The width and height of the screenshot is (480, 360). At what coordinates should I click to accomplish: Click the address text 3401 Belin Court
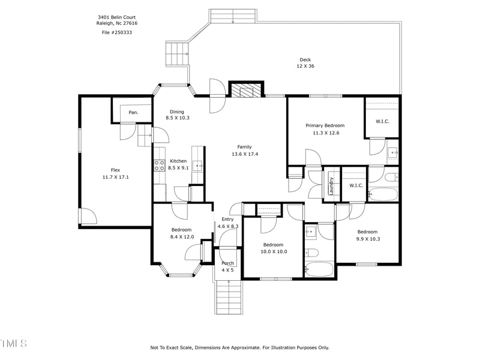coord(117,18)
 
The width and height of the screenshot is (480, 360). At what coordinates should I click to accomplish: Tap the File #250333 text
coord(117,32)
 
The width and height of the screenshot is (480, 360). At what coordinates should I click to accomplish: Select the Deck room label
coord(305,59)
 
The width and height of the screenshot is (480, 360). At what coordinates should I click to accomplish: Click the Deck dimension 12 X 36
coord(305,66)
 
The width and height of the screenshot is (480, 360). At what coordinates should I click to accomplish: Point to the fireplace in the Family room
coord(246,91)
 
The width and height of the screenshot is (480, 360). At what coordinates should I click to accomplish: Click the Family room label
coord(244,147)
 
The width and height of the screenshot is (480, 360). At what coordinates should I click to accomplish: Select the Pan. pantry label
coord(133,112)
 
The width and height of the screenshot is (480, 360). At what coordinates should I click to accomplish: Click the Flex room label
coord(116,170)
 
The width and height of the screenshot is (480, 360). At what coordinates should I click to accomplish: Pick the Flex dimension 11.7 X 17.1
coord(116,177)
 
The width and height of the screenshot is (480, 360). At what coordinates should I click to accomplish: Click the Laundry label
coord(331,185)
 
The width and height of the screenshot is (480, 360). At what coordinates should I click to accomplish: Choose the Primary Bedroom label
coord(325,125)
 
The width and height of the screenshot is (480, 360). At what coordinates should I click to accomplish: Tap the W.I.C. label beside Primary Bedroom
coord(383,122)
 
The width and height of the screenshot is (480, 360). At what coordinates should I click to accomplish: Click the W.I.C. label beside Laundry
coord(356,185)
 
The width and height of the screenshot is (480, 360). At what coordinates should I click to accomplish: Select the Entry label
coord(227,219)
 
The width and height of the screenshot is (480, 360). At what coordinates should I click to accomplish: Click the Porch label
coord(228,263)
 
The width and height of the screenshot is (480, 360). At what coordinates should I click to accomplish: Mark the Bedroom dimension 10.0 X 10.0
coord(273,251)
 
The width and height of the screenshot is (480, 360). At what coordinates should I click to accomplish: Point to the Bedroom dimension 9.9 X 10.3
coord(367,239)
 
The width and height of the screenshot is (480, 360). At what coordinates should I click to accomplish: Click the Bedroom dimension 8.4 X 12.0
coord(181,237)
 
